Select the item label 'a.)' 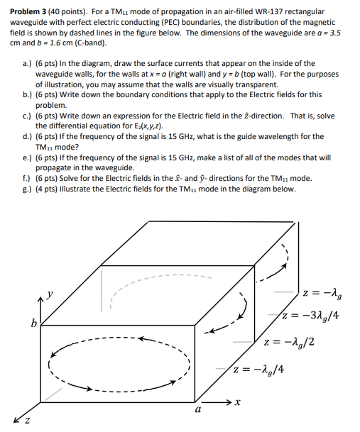(x=28, y=64)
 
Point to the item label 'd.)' (x=28, y=137)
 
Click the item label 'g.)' (x=28, y=189)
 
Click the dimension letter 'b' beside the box (x=32, y=324)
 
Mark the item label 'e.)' (x=28, y=157)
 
